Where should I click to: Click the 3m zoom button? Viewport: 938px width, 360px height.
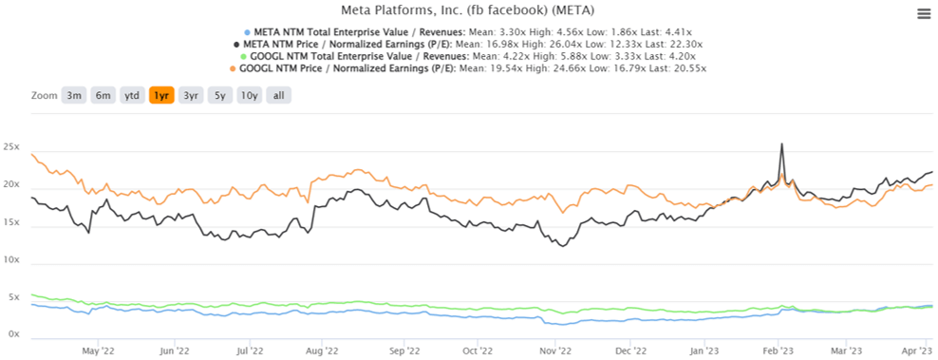coord(73,96)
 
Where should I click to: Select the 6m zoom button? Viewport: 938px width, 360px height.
coord(103,96)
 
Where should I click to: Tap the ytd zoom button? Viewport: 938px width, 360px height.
coord(132,96)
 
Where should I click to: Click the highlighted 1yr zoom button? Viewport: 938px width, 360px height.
coord(161,96)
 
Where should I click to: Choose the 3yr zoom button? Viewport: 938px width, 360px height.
coord(191,96)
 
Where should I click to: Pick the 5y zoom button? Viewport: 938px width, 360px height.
coord(219,96)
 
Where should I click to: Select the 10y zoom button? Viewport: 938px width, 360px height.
coord(249,96)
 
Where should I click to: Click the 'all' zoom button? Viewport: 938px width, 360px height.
coord(278,96)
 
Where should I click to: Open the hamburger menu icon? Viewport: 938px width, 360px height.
coord(923,13)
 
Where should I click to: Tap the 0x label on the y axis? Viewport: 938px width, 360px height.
coord(15,334)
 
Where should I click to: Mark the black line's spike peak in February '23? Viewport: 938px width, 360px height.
coord(781,144)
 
